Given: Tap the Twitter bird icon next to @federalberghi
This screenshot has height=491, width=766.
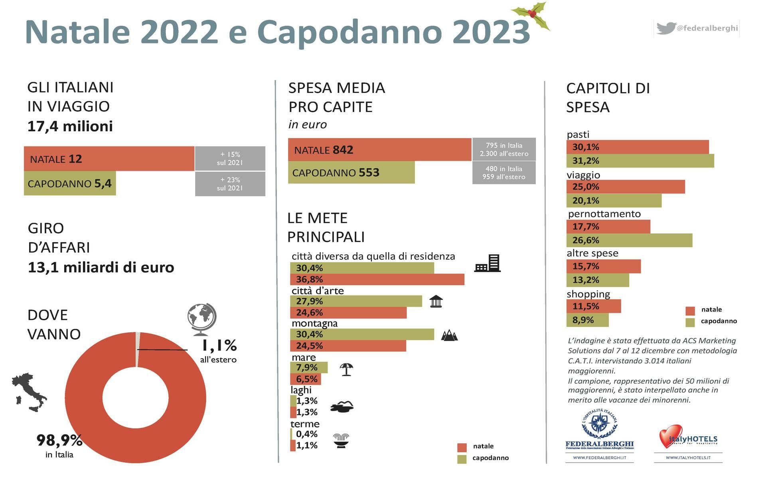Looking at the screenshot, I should pos(666,28).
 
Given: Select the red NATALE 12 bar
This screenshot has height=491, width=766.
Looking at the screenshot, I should pos(109,159).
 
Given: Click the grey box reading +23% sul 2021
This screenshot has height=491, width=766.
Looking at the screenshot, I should pos(230,184).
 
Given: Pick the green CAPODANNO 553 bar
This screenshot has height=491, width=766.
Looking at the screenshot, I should pos(351,173).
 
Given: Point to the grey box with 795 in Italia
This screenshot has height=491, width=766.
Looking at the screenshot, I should pos(503,150).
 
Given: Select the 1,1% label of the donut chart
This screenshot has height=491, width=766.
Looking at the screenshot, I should pos(219,345).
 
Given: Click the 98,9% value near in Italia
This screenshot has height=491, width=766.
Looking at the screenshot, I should pos(59,440).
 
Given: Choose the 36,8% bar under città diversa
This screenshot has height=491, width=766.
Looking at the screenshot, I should pos(377,279).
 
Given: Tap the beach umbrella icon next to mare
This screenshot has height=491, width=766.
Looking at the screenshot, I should pos(346,369).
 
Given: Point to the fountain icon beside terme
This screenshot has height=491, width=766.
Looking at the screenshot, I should pos(341,441).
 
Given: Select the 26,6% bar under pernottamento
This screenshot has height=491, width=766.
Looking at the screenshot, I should pos(629,241).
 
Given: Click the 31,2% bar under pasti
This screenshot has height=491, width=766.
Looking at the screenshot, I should pos(640,161).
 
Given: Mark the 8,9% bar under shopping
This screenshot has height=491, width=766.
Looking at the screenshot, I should pos(587,320).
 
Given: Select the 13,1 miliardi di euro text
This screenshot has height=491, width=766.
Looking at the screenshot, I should pos(101,267).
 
